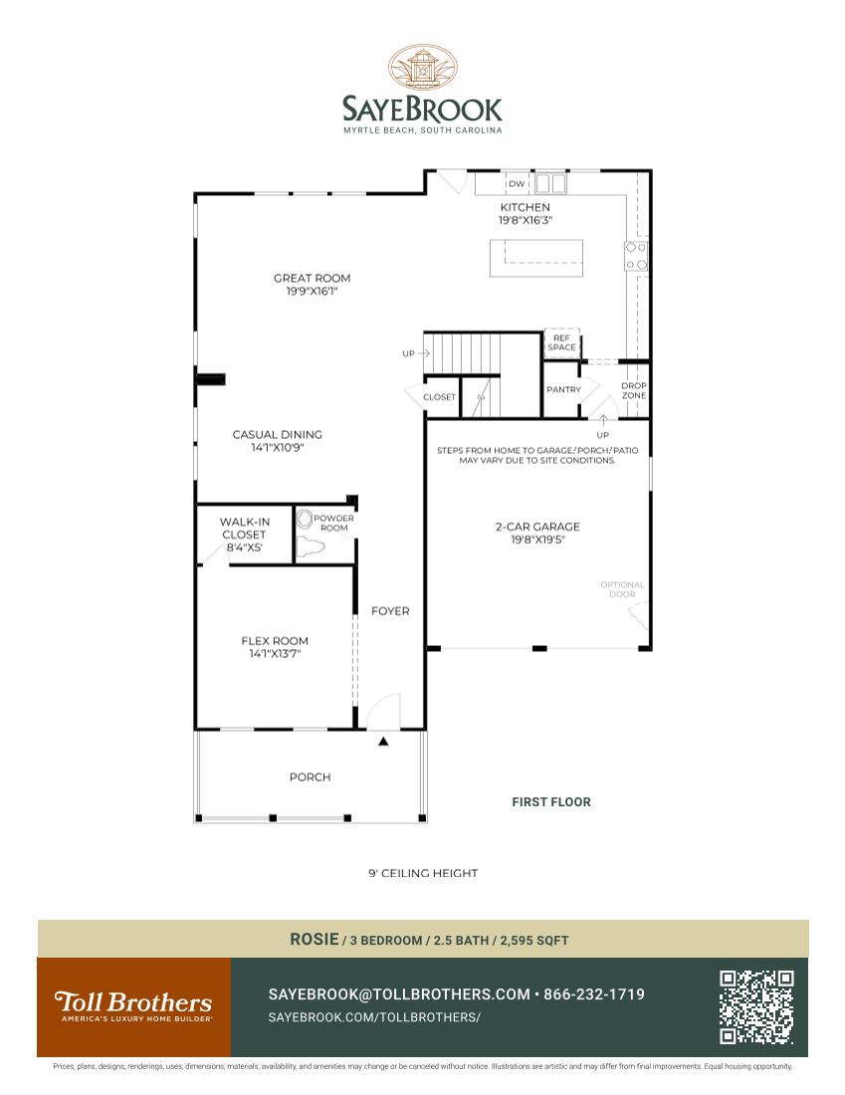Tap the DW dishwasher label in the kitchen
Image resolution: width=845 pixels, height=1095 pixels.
(516, 184)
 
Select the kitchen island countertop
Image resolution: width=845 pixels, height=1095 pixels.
(537, 257)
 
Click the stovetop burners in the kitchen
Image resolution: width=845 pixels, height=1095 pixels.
(636, 256)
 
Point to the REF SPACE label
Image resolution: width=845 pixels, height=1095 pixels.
(561, 342)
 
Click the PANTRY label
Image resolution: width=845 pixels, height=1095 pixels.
(563, 389)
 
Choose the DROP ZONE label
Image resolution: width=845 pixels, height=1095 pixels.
(634, 390)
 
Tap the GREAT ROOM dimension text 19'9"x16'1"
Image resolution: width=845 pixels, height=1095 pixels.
(312, 291)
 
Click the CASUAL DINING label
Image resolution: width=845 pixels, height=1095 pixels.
(277, 434)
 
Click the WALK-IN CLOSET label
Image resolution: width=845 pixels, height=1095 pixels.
(244, 528)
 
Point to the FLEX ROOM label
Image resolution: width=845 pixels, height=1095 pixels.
(275, 641)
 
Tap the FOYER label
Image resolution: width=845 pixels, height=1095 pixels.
(390, 611)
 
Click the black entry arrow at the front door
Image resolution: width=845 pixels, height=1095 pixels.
(383, 742)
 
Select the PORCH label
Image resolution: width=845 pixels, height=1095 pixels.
(310, 776)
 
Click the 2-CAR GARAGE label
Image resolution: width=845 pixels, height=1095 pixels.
(537, 527)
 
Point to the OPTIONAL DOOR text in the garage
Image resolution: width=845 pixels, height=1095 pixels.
(622, 589)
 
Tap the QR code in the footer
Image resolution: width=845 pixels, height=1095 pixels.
(756, 1007)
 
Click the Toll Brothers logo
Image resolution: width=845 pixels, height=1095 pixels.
(133, 1003)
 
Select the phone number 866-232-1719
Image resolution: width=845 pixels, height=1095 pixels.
(594, 994)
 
